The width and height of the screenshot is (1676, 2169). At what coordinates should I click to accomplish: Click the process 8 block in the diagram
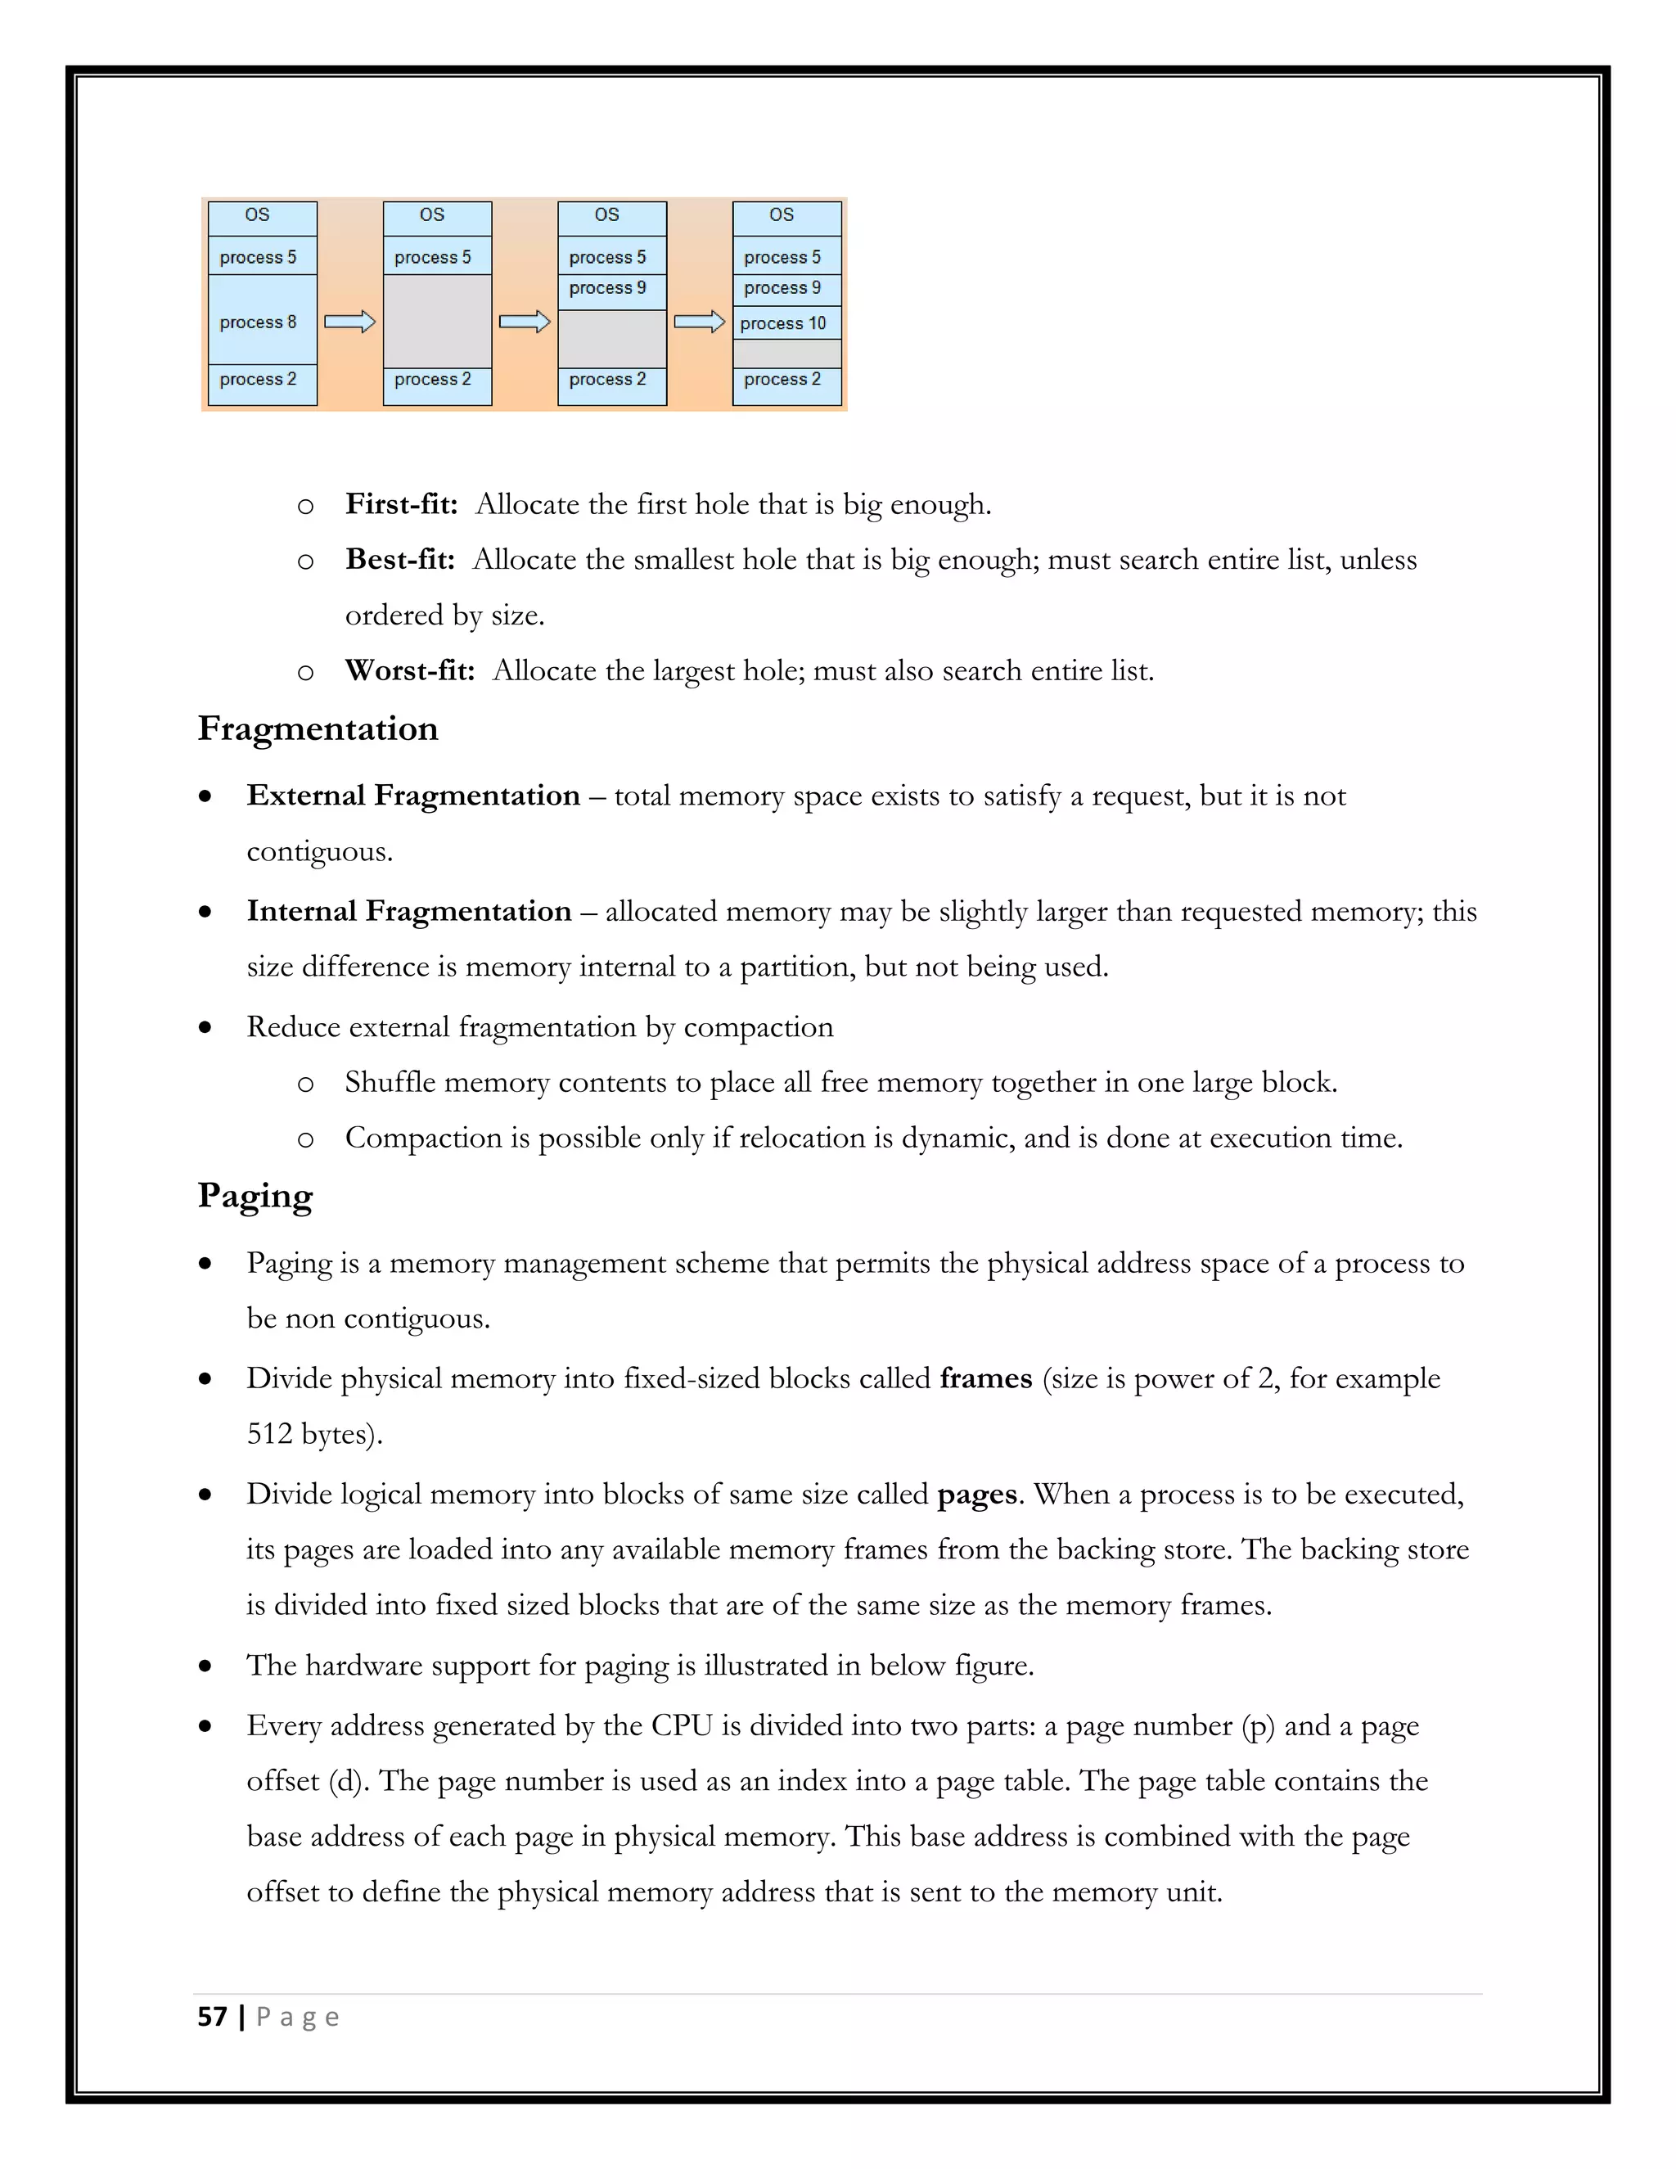pos(262,321)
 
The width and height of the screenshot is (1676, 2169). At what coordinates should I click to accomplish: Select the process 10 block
pos(786,322)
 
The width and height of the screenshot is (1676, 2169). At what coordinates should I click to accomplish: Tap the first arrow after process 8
pos(349,322)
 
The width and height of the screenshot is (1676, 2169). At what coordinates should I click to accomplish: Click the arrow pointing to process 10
pos(699,322)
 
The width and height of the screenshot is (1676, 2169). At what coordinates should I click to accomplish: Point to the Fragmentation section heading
pos(318,728)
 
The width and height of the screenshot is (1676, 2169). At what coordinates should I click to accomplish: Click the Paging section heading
pos(255,1196)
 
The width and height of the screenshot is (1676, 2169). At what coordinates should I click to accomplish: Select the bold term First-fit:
pos(401,504)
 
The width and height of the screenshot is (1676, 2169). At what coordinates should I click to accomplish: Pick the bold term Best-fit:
pos(399,560)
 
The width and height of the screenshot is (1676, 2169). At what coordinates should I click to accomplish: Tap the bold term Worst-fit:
pos(409,671)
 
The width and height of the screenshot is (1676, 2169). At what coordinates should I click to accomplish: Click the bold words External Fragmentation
pos(413,796)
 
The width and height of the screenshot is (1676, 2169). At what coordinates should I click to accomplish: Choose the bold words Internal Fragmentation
pos(409,912)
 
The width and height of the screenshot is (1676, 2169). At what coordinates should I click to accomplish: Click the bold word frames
pos(986,1378)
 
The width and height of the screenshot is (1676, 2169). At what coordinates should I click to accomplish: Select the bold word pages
pos(977,1495)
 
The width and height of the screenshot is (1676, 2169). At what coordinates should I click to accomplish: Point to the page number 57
pos(213,2017)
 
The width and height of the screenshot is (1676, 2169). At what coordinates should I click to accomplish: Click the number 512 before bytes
pos(269,1434)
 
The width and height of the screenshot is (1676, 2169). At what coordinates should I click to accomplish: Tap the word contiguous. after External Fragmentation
pos(320,852)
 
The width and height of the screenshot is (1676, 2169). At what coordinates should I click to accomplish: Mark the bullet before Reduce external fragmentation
pos(205,1028)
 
